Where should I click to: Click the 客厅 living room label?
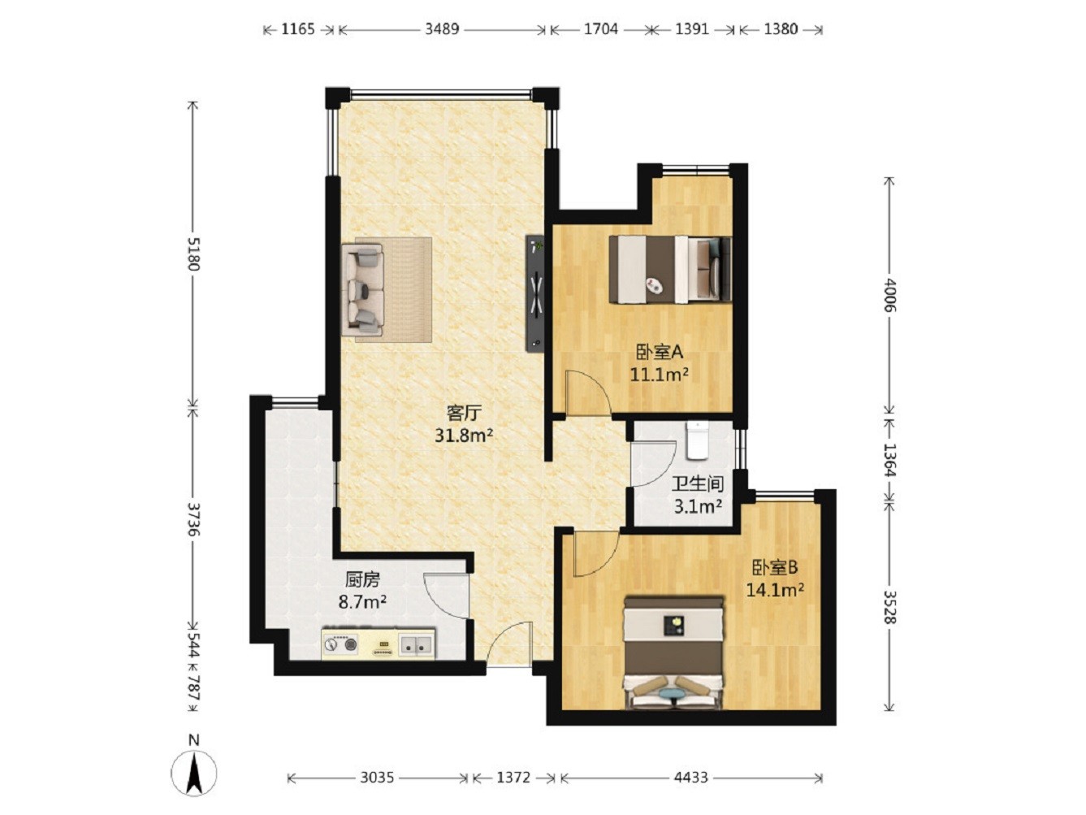coord(464,413)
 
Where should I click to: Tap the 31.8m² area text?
coord(464,436)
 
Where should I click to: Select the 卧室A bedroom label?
coord(659,353)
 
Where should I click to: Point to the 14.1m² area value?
coord(774,590)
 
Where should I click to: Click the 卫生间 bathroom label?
coord(698,483)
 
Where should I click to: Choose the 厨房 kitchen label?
coord(362,579)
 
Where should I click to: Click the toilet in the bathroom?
coord(697,440)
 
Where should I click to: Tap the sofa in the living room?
coord(366,289)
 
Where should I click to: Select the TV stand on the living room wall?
coord(535,293)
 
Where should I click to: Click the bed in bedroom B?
coord(674,652)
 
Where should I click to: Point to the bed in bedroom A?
coord(670,269)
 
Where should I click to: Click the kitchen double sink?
coord(415,644)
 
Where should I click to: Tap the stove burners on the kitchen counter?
coord(340,644)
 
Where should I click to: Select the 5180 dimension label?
coord(193,254)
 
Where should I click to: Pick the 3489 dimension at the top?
coord(442,29)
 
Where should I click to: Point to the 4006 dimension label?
coord(889,295)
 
